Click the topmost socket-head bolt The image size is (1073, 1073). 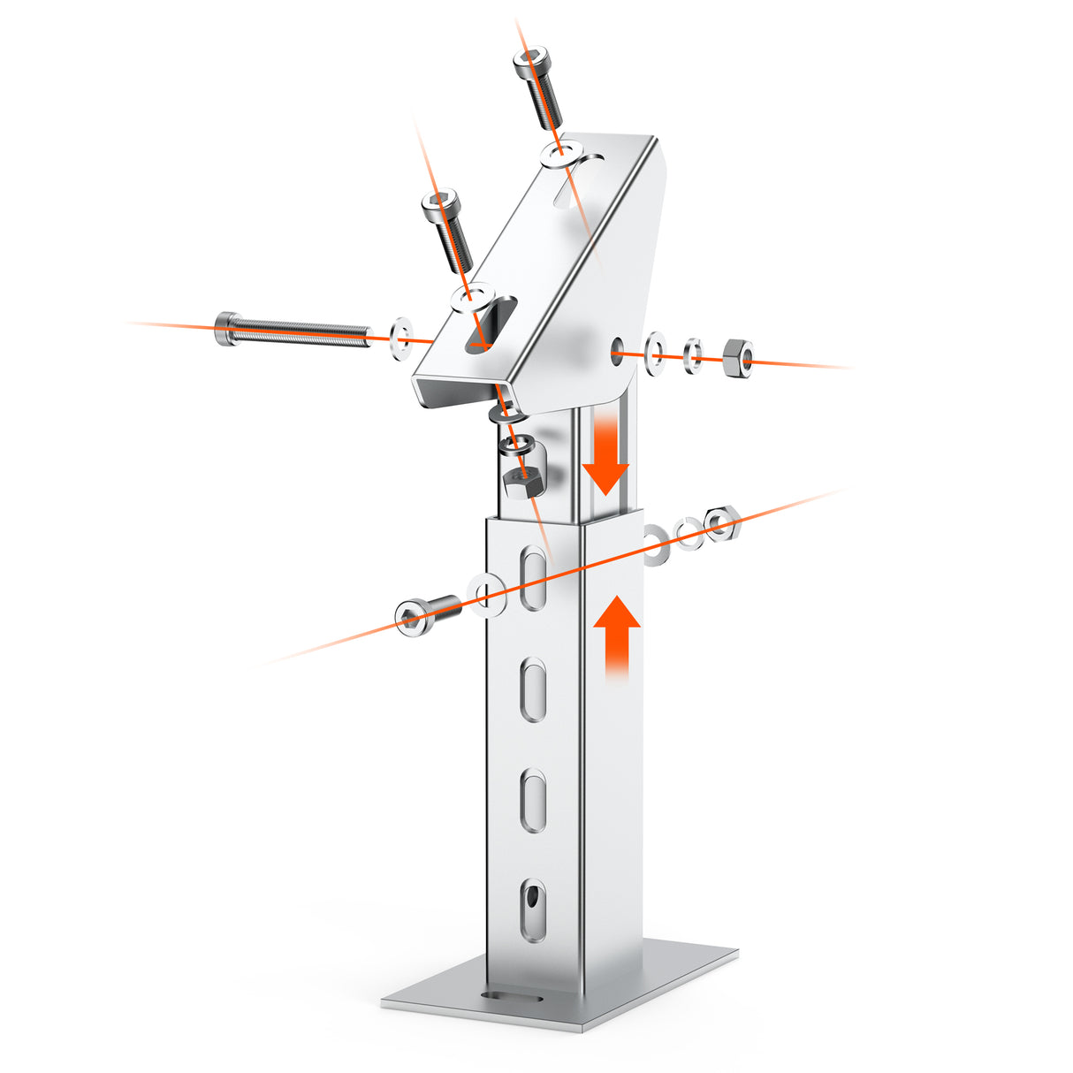point(539,88)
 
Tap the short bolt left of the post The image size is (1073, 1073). point(427,613)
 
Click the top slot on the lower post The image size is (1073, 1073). point(532,578)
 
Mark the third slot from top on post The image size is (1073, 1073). point(532,801)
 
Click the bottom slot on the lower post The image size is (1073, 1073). point(532,909)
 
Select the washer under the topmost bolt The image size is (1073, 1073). point(562,153)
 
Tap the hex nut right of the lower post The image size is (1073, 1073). point(721,523)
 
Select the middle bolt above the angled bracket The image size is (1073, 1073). point(447,229)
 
